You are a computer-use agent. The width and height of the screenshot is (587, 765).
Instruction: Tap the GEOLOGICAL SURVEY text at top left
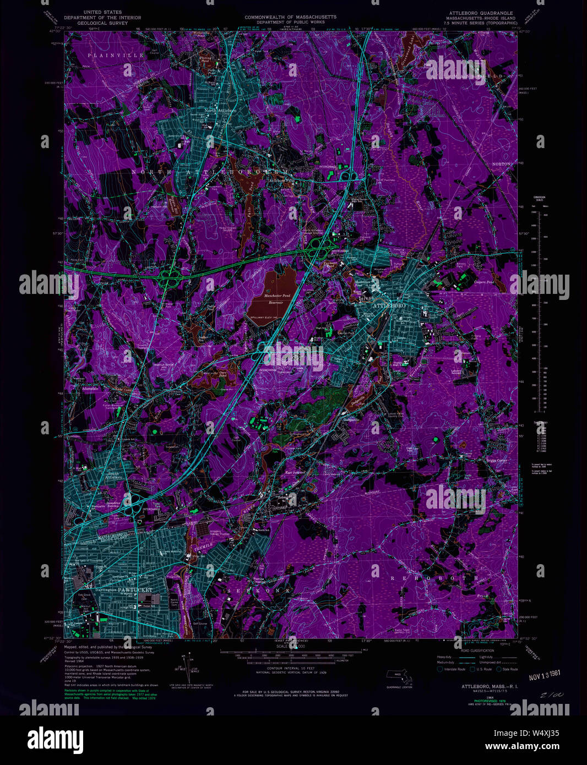coord(102,23)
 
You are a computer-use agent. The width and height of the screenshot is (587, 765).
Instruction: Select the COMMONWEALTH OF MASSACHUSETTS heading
coord(290,18)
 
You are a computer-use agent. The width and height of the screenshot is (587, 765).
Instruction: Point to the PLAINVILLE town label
coord(116,56)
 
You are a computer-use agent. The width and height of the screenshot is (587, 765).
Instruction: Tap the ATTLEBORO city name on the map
coord(389,305)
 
